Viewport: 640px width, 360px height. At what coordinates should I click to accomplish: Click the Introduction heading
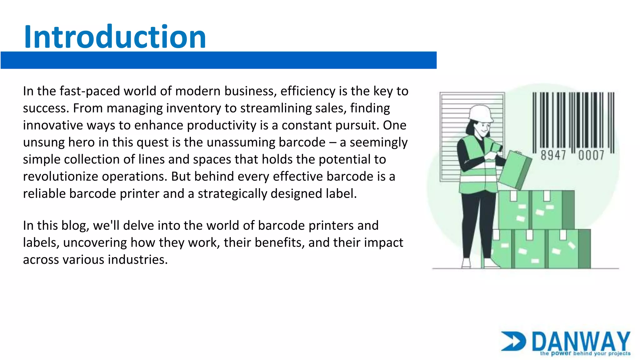(115, 37)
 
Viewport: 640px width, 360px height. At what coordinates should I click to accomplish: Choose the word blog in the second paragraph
(73, 226)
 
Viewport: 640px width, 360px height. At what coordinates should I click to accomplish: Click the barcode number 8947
(553, 155)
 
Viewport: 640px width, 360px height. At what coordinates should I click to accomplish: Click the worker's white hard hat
(480, 113)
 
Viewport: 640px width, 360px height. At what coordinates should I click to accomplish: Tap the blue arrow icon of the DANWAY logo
(513, 341)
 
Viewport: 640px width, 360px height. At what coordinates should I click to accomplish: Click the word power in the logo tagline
(561, 353)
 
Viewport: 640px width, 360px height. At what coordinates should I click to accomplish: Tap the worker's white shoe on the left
(466, 263)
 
